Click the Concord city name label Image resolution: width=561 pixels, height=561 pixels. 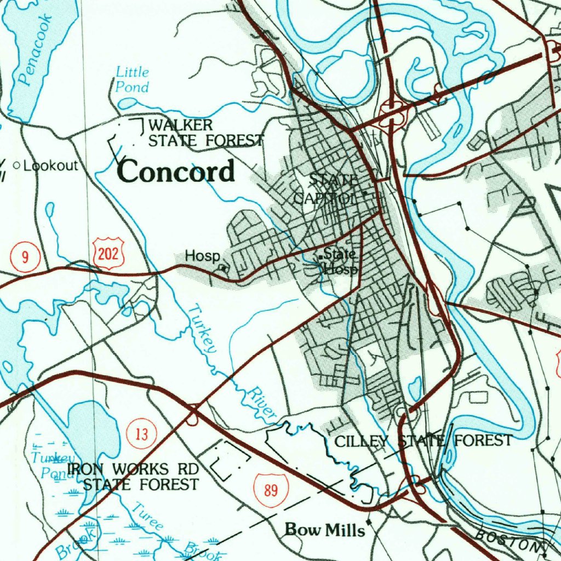click(176, 171)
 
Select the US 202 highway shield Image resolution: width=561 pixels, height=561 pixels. click(109, 253)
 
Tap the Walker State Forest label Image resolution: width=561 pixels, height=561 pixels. click(205, 133)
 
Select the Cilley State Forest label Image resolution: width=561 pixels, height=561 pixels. click(423, 440)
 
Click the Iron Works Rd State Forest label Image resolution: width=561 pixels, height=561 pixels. click(133, 477)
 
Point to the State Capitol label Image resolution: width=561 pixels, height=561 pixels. click(326, 188)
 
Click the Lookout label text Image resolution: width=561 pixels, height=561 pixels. click(51, 165)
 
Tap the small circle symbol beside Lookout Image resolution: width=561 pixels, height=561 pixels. click(16, 165)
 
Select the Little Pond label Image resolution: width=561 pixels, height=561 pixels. click(132, 79)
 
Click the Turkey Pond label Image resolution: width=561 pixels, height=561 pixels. click(53, 466)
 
